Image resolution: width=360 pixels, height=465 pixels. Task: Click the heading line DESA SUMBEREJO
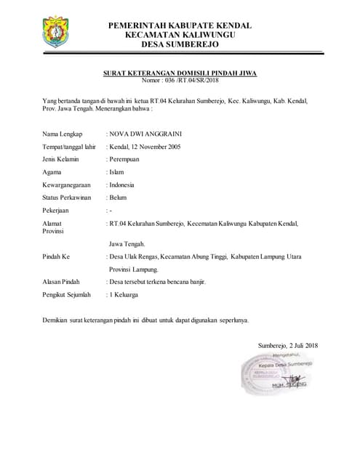(180, 44)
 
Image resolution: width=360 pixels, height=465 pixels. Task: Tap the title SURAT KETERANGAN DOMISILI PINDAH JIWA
(179, 73)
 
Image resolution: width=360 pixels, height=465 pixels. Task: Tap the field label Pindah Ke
(56, 257)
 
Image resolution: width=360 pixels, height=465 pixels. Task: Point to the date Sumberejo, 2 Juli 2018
(288, 345)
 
